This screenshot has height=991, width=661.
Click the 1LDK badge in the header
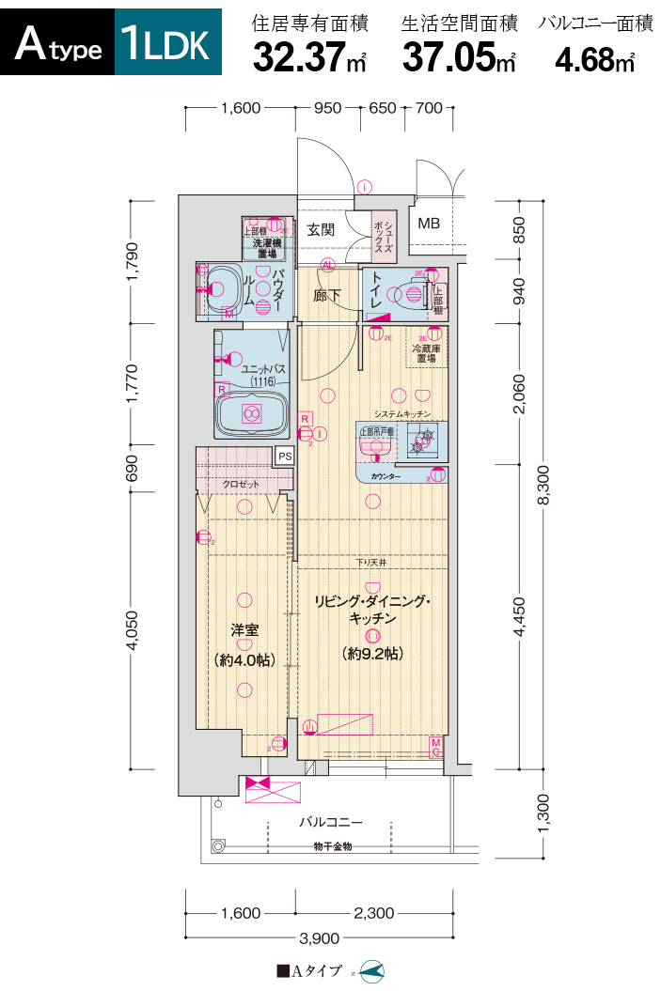point(166,43)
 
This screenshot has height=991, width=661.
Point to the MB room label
point(429,224)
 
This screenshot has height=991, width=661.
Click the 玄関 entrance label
point(320,229)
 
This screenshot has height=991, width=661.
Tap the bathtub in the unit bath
point(251,413)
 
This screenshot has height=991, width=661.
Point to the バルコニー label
point(330,822)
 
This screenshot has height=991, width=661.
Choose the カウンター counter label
point(386,477)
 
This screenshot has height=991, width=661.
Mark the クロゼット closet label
point(242,485)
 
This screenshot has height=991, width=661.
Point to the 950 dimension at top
point(327,108)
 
